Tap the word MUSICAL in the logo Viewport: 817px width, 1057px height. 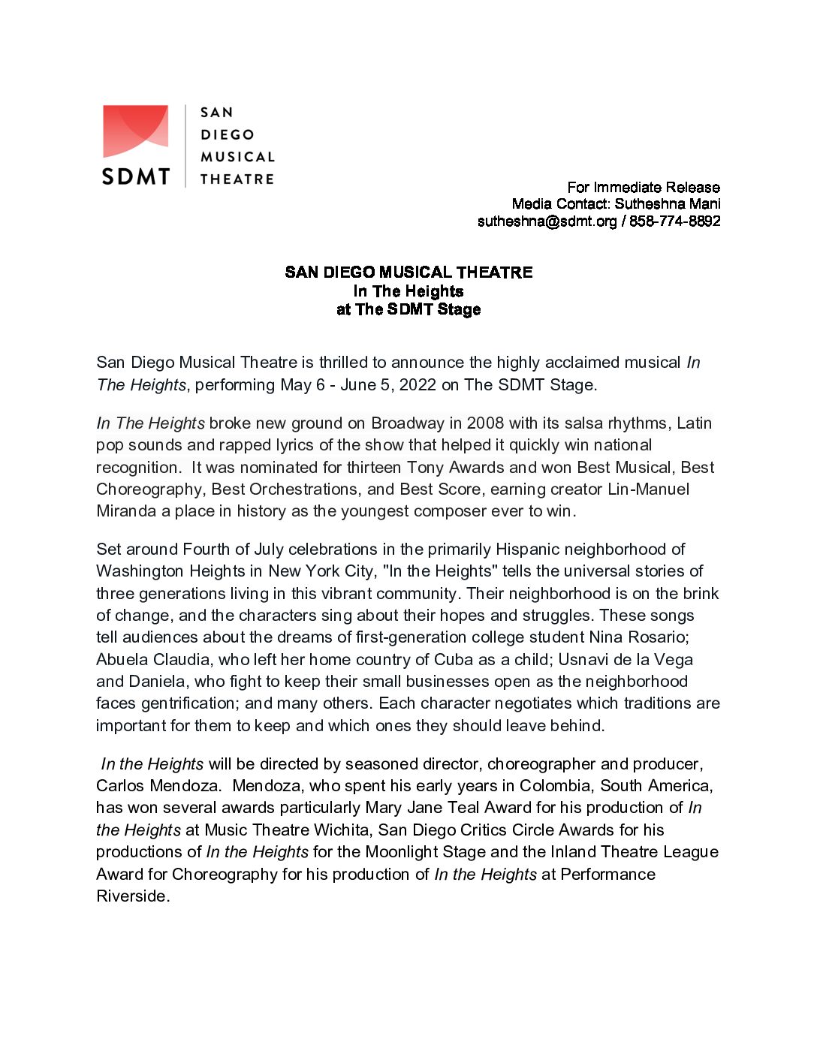point(237,157)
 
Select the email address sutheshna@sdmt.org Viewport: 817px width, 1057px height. point(547,221)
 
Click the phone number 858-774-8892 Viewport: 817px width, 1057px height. point(674,221)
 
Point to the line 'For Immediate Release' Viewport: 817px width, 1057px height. point(643,187)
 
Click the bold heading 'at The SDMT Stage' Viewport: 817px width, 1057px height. point(408,309)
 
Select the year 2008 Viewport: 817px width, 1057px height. point(485,423)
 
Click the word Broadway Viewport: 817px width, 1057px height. point(408,423)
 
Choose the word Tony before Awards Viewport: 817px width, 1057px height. point(425,468)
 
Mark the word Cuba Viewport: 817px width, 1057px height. point(454,660)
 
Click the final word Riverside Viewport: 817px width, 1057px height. point(132,896)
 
